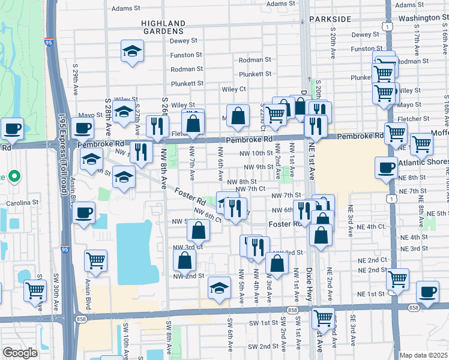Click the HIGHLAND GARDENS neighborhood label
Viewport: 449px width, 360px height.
162,26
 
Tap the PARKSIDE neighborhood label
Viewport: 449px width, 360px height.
330,19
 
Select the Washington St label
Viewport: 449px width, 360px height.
418,18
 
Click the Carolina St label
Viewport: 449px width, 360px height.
22,203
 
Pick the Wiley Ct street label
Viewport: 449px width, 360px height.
234,89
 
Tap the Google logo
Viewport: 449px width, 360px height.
20,353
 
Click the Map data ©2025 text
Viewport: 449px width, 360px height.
424,355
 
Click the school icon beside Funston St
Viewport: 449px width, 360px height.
132,52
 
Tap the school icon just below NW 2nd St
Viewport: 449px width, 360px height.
220,288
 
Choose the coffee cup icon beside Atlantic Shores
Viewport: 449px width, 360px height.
386,169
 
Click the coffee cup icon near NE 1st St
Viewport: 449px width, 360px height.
427,292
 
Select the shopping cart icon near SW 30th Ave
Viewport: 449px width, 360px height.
35,290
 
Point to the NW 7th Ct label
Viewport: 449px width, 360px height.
250,189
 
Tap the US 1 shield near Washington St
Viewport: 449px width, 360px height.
390,28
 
